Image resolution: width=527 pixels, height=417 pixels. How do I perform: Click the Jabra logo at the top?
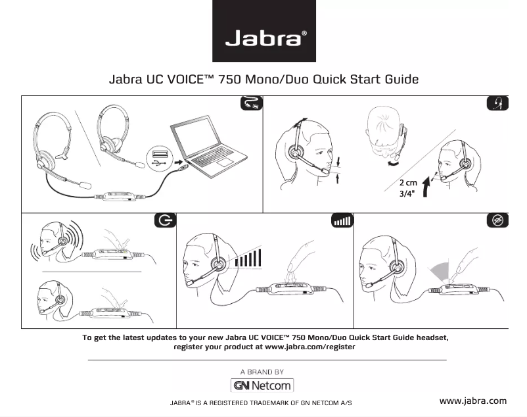(263, 31)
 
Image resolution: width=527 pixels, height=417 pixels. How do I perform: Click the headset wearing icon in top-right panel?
(497, 105)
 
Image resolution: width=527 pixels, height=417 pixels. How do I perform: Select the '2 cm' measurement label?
(407, 183)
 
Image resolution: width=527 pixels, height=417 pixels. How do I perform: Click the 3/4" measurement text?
(407, 195)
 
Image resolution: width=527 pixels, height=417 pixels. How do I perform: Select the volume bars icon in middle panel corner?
(342, 221)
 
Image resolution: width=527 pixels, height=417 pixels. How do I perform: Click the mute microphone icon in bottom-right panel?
(497, 221)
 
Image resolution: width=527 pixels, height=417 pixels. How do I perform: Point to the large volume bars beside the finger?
(248, 256)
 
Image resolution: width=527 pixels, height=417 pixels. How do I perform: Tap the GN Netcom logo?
(263, 385)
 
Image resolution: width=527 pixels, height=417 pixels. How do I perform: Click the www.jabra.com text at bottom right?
(472, 401)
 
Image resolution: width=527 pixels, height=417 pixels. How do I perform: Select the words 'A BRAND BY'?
(262, 372)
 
